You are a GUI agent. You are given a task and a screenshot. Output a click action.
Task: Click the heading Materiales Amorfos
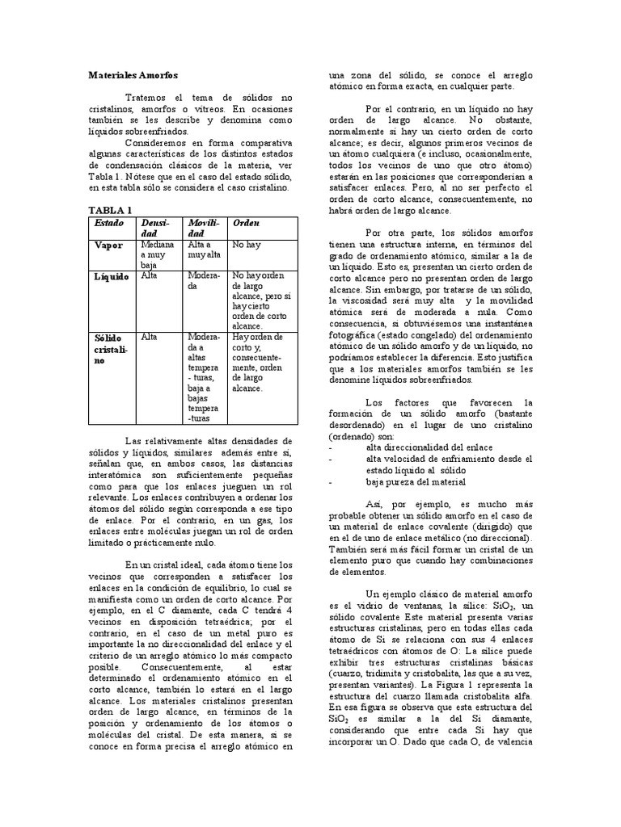pyautogui.click(x=132, y=73)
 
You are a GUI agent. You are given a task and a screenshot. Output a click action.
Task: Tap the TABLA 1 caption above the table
pyautogui.click(x=109, y=210)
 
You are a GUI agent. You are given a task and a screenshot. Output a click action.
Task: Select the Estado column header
pyautogui.click(x=110, y=222)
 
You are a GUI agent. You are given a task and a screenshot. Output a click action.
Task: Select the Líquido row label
pyautogui.click(x=112, y=276)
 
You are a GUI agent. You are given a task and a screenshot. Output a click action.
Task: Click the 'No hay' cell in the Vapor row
pyautogui.click(x=245, y=244)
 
